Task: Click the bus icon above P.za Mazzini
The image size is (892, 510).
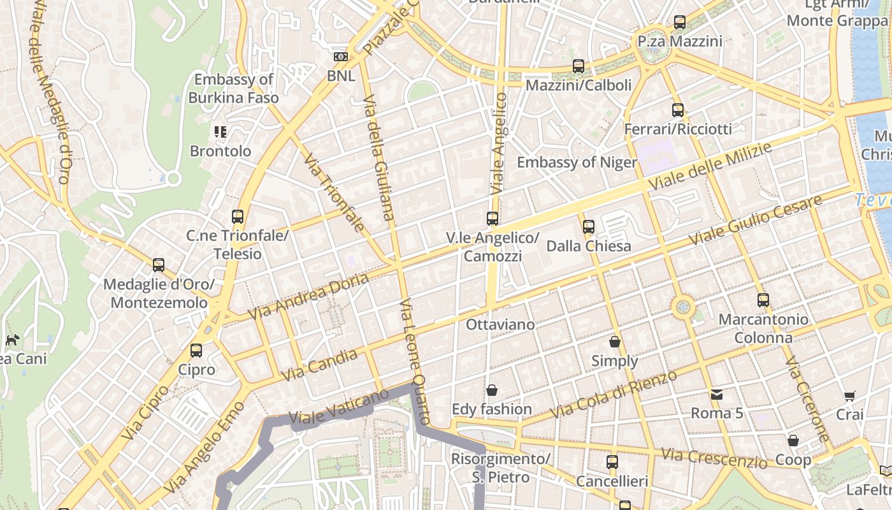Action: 679,22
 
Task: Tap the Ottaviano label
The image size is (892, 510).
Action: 500,324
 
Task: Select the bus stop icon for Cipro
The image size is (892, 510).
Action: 196,350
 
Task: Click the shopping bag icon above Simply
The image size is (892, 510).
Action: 615,342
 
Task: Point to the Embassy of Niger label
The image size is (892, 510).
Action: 577,163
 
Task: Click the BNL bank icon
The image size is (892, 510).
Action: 341,57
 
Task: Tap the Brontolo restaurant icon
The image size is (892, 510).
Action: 220,132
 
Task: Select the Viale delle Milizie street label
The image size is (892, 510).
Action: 710,166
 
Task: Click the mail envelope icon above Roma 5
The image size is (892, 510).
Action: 717,395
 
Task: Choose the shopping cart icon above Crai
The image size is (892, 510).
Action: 849,396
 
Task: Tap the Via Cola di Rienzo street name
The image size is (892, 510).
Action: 613,394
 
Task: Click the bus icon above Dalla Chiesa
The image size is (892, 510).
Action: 588,226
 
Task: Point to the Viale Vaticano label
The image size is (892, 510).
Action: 338,408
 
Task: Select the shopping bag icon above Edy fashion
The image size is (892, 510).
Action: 492,390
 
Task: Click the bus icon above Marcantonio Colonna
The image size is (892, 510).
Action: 763,300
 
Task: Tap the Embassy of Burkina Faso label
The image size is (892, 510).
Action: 233,89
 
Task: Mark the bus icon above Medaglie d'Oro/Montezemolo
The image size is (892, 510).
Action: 159,265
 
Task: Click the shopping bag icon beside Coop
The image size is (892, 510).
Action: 793,441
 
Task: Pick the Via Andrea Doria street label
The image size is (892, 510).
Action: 308,297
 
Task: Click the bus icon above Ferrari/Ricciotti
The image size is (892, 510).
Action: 677,110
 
